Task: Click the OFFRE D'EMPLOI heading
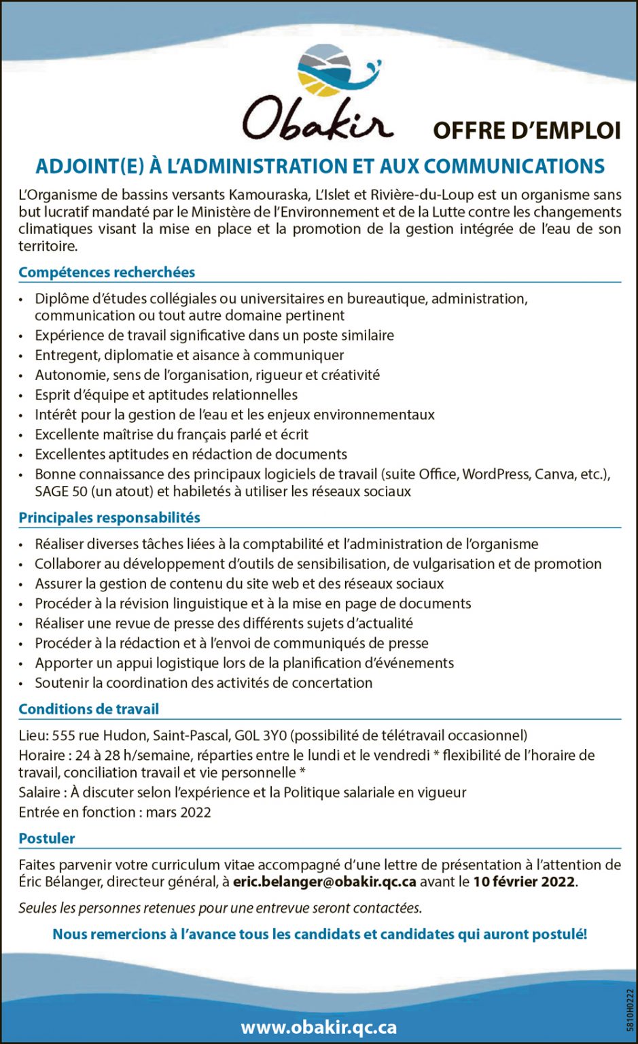[x=527, y=130]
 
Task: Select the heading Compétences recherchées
[x=107, y=273]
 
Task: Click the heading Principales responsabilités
[x=109, y=518]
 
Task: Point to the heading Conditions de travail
[x=88, y=710]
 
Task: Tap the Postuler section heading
[x=47, y=839]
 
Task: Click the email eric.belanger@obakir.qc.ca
[x=324, y=882]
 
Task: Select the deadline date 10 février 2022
[x=524, y=882]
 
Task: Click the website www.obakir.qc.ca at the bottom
[x=319, y=1027]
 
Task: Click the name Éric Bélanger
[x=56, y=882]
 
